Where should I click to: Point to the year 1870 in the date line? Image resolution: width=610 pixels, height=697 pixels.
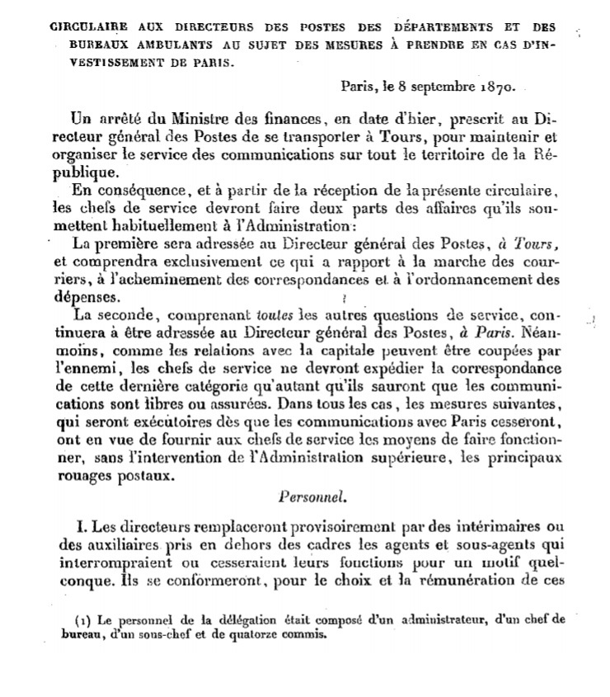[x=492, y=84]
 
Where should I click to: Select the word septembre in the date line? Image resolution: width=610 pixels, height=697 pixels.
[x=436, y=84]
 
